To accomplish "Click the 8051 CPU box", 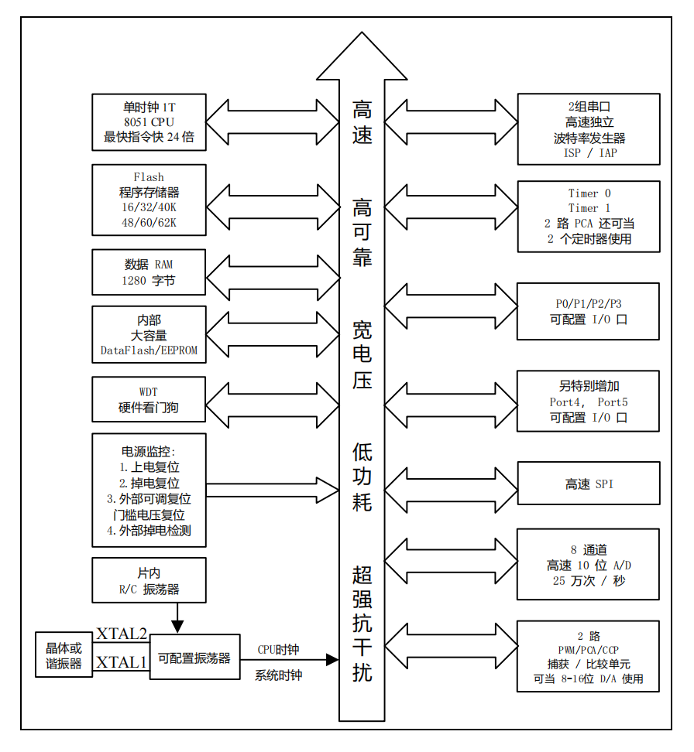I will [x=149, y=122].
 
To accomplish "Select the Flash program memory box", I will [x=149, y=200].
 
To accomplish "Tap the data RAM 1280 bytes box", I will [x=149, y=272].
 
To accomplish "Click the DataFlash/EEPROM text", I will [x=149, y=350].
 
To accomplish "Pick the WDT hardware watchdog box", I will [x=149, y=399].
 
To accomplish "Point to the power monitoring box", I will [x=149, y=491].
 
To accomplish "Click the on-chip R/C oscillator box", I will [x=149, y=580].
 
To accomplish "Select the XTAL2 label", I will [x=122, y=634].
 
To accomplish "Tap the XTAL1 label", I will [x=122, y=662].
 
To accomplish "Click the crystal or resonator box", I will [x=64, y=655].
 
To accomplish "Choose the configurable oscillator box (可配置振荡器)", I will [x=194, y=658].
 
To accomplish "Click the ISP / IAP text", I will [x=589, y=153].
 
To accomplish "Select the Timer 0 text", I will [x=589, y=193].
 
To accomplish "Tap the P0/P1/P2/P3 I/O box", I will [x=589, y=311].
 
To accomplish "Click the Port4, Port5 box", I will [x=589, y=402].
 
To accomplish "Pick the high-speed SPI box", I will [x=589, y=484].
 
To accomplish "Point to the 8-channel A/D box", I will [x=589, y=565].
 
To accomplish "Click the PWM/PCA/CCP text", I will [x=589, y=649].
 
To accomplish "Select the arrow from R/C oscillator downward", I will [x=178, y=617].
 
